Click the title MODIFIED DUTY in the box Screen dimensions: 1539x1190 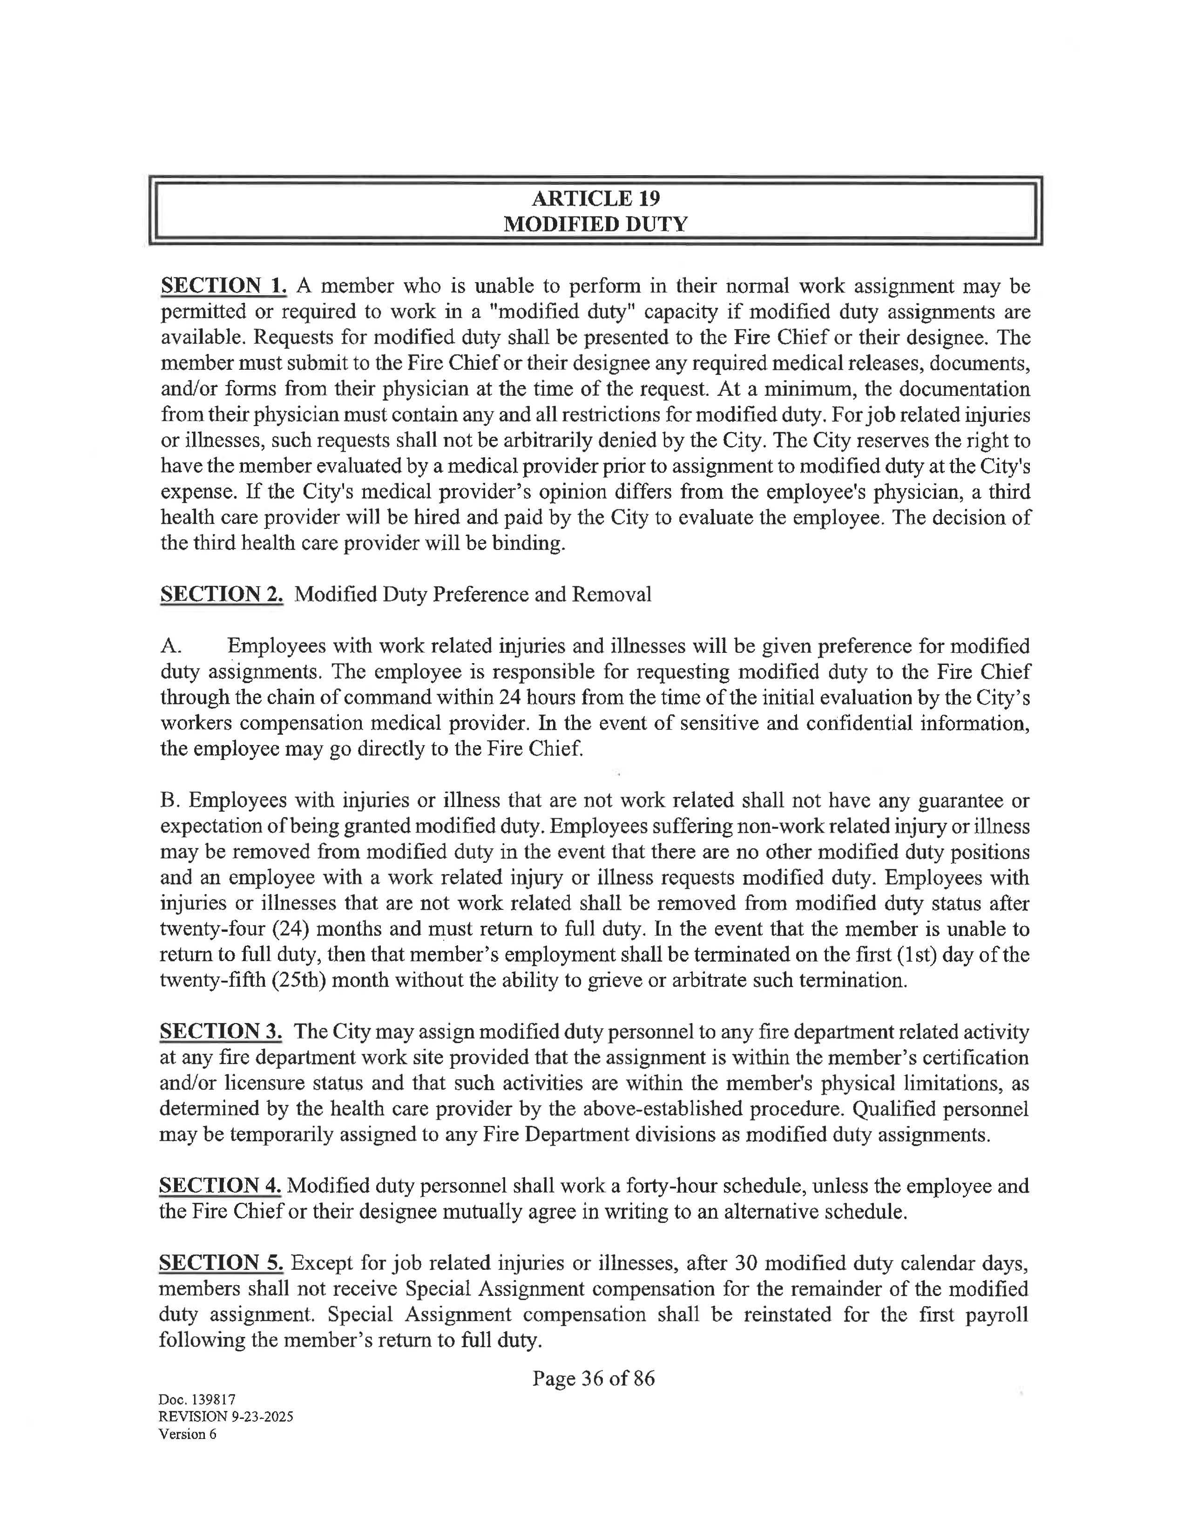(595, 224)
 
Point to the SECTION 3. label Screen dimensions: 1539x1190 (221, 1031)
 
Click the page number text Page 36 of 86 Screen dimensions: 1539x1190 (593, 1378)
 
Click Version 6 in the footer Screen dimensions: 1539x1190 (188, 1434)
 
